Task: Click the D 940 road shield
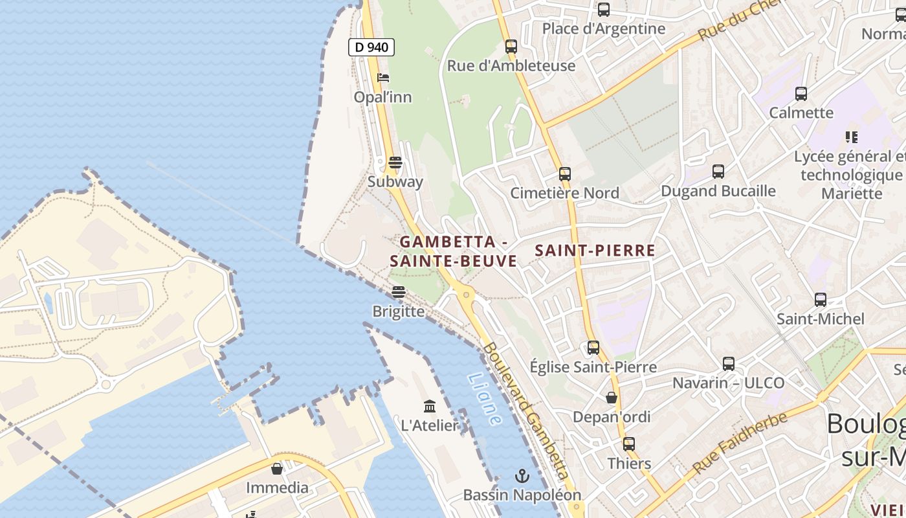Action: [371, 47]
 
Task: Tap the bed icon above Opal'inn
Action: [383, 78]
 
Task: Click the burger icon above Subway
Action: [395, 162]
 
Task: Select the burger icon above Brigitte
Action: [399, 292]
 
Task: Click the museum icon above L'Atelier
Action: [430, 407]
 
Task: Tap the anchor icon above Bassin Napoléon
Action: [522, 477]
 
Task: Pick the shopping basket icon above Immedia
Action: [277, 469]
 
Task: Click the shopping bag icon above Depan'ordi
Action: [612, 398]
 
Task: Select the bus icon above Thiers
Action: [629, 444]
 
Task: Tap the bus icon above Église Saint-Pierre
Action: [593, 348]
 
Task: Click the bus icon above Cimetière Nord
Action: [565, 174]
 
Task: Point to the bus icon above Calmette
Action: [801, 94]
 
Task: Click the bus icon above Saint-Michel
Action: [821, 300]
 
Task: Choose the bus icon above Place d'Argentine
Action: [604, 10]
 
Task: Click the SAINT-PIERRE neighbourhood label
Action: [595, 251]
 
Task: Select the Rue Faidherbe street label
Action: [740, 442]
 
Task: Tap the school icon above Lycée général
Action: [852, 137]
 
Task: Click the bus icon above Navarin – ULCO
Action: [729, 364]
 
